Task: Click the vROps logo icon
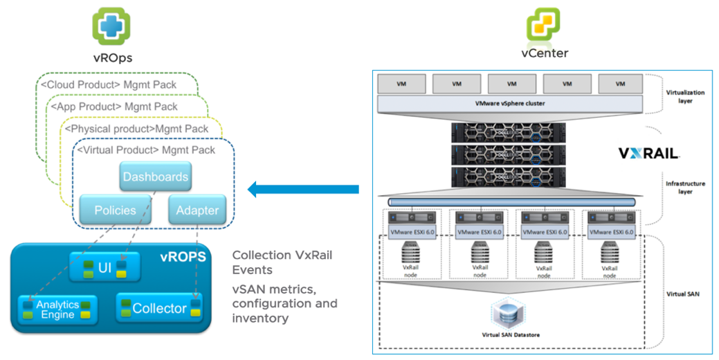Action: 112,26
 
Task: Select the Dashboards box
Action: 155,177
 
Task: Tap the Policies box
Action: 115,210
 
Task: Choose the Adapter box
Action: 197,210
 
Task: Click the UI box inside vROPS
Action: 105,267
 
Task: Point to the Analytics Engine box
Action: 58,309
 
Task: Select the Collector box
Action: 160,308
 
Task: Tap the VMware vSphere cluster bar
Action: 507,104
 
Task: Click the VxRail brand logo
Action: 648,153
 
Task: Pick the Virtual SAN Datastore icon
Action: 511,315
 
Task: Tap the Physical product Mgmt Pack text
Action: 136,128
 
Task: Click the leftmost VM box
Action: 401,84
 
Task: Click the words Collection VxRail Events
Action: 282,262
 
